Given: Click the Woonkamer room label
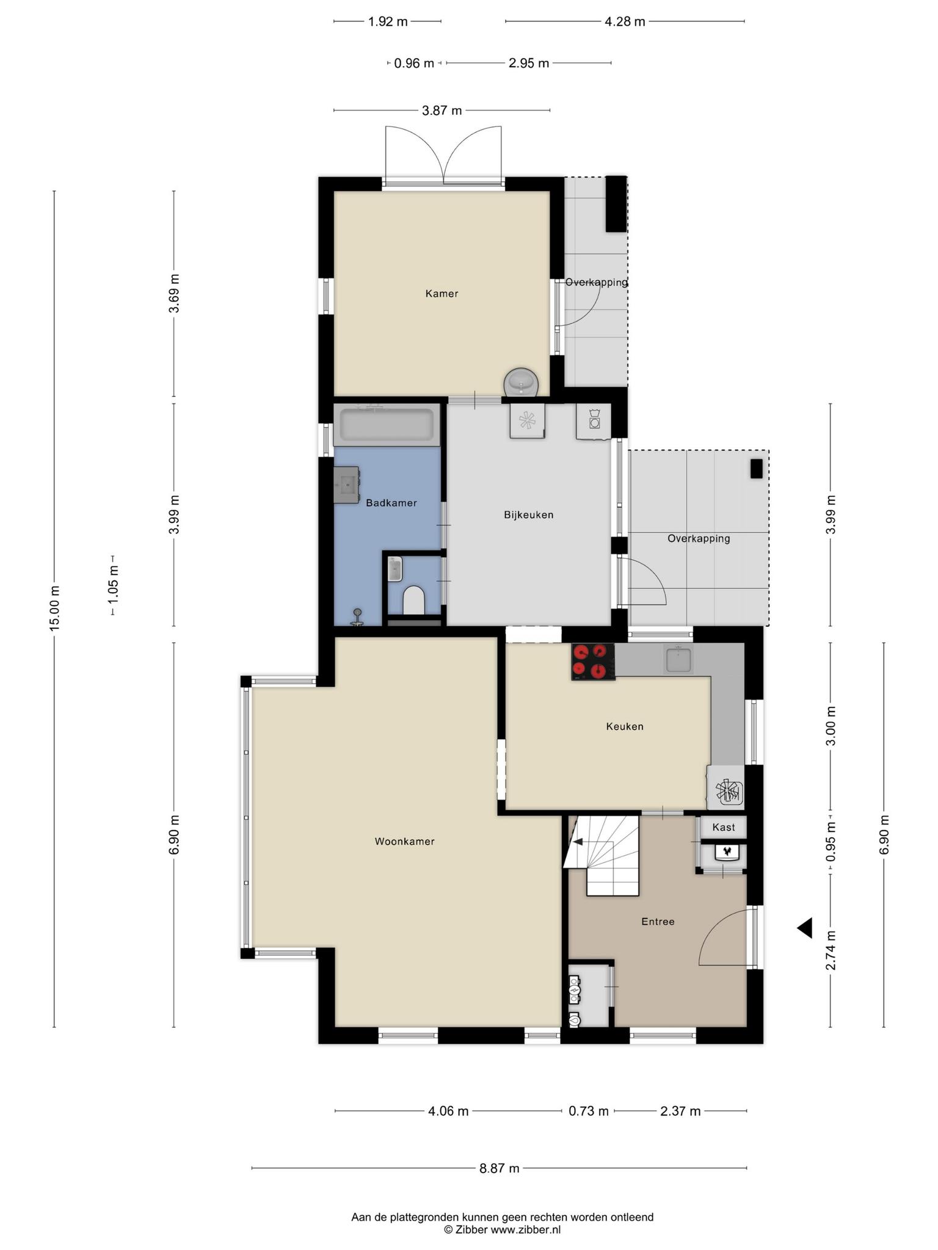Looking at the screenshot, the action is coord(404,842).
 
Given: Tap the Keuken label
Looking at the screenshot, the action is coord(625,726).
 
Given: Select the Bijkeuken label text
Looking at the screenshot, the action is coord(529,515).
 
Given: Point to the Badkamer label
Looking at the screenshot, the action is coord(391,503).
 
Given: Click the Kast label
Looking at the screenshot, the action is coord(724,828).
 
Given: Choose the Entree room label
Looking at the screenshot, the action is coord(658,922).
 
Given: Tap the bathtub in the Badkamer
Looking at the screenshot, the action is coord(387,424).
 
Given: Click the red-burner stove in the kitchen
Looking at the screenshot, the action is coord(593,662).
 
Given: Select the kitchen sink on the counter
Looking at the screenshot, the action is coord(678,660).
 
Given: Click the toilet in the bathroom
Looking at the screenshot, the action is coord(414,600).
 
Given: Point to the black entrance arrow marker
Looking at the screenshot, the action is coord(804,928).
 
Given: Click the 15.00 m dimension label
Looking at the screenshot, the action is coord(55,607).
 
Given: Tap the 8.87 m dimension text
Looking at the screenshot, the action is coord(500,1168).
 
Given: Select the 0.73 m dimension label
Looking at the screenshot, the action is coord(589,1111).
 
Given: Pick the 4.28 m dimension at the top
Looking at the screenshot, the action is coord(625,22).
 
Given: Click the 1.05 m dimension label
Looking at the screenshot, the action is coord(113,585).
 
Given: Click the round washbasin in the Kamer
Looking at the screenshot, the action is coord(521,383).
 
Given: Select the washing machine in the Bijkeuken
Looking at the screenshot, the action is coord(594,421).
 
